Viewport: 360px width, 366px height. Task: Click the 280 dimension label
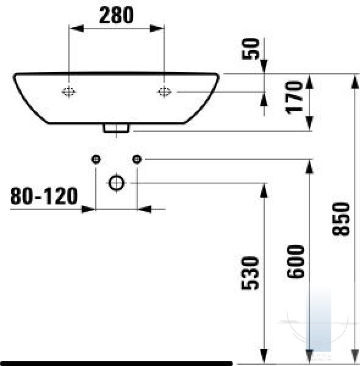pyautogui.click(x=117, y=15)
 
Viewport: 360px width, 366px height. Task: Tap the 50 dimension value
pyautogui.click(x=251, y=49)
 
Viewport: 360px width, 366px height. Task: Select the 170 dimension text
pyautogui.click(x=294, y=98)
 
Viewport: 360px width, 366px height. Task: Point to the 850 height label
pyautogui.click(x=341, y=219)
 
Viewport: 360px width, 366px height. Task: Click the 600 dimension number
pyautogui.click(x=295, y=262)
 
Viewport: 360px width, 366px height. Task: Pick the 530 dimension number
pyautogui.click(x=250, y=273)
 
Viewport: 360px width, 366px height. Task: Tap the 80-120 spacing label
pyautogui.click(x=44, y=196)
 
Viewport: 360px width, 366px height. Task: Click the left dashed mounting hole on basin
pyautogui.click(x=68, y=91)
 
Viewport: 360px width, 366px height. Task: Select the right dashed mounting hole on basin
pyautogui.click(x=164, y=91)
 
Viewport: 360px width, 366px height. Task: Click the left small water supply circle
pyautogui.click(x=96, y=159)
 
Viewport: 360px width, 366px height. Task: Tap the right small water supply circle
pyautogui.click(x=137, y=159)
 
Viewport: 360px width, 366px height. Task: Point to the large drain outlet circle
pyautogui.click(x=117, y=183)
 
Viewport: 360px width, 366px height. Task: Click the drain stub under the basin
pyautogui.click(x=117, y=128)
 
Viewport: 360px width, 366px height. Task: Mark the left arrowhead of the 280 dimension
pyautogui.click(x=76, y=29)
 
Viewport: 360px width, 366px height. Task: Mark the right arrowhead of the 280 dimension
pyautogui.click(x=157, y=29)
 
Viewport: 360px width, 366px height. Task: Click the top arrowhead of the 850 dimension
pyautogui.click(x=355, y=82)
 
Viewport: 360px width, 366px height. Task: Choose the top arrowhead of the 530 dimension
pyautogui.click(x=264, y=191)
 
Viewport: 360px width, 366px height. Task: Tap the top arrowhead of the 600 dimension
pyautogui.click(x=309, y=167)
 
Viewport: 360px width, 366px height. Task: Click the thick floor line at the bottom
pyautogui.click(x=117, y=364)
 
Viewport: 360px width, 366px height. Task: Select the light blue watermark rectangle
pyautogui.click(x=319, y=321)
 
